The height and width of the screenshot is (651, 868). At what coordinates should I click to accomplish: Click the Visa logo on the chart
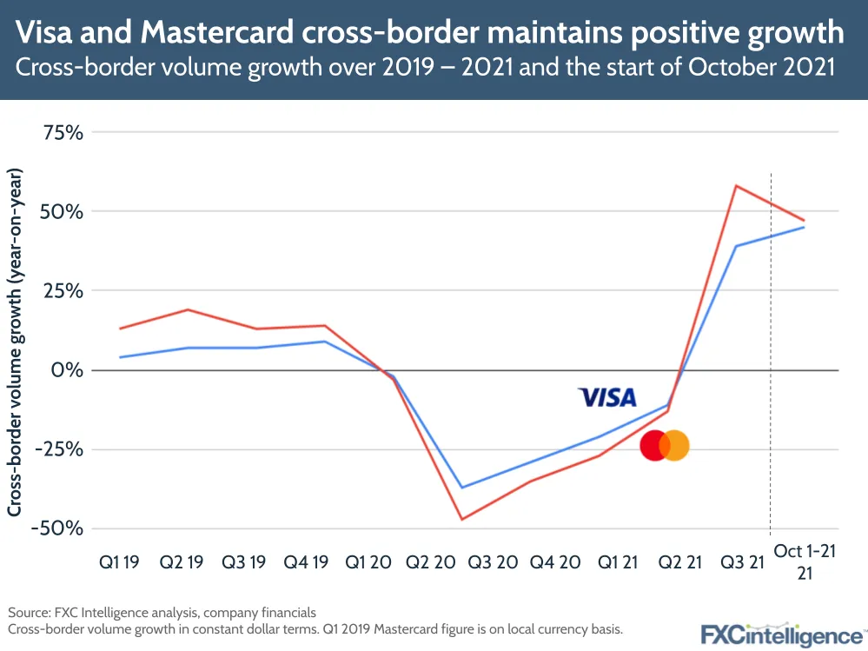pos(607,397)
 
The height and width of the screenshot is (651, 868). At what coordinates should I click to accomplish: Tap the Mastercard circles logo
pos(665,446)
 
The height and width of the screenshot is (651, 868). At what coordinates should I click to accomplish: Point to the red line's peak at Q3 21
pos(736,185)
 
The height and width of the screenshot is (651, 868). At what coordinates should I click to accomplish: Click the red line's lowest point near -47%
pos(461,520)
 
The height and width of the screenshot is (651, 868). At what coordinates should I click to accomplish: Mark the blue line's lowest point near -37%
pos(461,488)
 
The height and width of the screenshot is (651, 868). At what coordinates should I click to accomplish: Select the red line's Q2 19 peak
pos(189,309)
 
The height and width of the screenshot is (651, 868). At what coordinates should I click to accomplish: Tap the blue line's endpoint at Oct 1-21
pos(804,228)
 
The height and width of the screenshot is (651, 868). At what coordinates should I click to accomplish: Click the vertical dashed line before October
pos(770,348)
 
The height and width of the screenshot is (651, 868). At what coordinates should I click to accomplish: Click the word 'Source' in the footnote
pos(28,611)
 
